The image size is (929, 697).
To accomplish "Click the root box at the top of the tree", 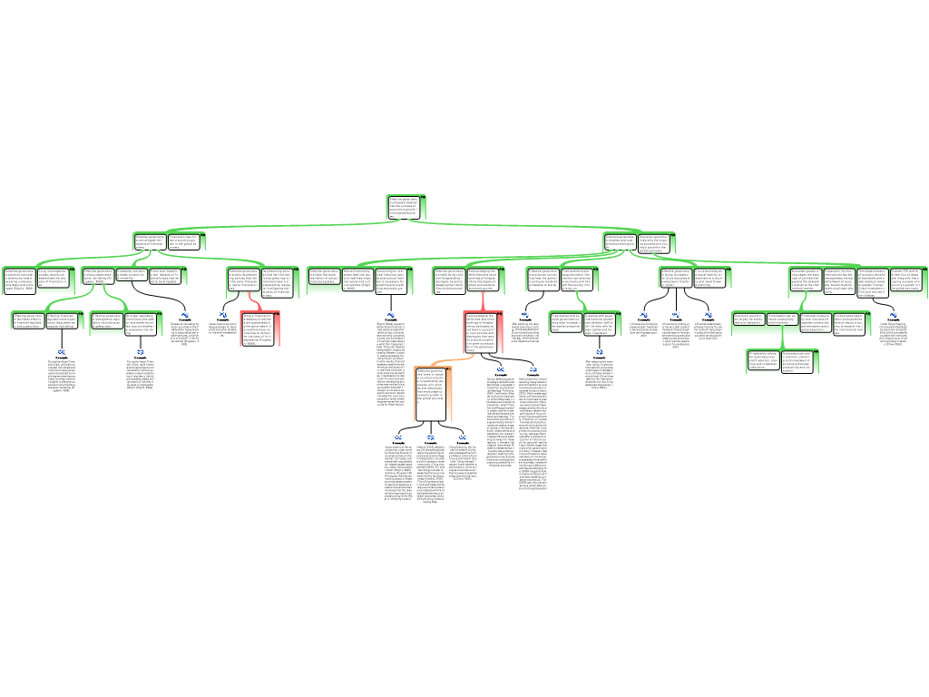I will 407,207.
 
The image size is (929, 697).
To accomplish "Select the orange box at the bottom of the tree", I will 432,394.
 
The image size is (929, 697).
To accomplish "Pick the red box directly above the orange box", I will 483,331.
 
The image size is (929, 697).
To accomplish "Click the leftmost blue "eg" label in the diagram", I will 62,351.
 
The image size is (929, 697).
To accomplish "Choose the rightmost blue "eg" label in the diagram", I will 894,314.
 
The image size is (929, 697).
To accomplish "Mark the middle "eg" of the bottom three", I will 431,437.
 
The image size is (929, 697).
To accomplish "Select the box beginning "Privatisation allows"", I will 762,360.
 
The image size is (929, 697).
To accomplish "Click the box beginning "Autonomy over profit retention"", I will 801,360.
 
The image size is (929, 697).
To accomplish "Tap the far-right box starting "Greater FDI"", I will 906,280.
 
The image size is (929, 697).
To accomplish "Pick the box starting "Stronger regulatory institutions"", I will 143,323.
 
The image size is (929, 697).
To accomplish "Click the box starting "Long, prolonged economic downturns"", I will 53,280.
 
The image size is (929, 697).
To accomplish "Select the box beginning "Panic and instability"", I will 168,276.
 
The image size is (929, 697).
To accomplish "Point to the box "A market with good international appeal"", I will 601,323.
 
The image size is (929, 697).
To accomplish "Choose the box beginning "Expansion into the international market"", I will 838,280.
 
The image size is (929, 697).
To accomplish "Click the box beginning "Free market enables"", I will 577,280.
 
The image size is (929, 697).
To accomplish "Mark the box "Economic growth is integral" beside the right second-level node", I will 656,242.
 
